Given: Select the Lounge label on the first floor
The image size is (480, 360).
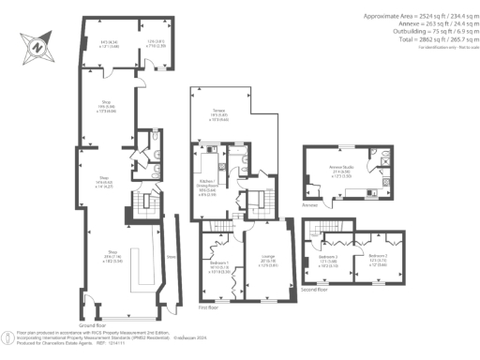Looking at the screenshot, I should tap(267, 262).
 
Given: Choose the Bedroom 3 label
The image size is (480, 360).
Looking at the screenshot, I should tap(327, 259).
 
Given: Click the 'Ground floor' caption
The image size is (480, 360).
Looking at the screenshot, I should tap(92, 321).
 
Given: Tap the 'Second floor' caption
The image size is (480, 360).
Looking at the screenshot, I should tap(317, 291).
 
